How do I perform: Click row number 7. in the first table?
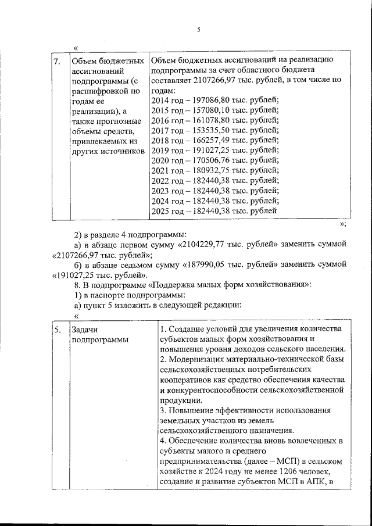click(57, 61)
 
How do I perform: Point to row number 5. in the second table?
click(57, 330)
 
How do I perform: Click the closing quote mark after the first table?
click(343, 224)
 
